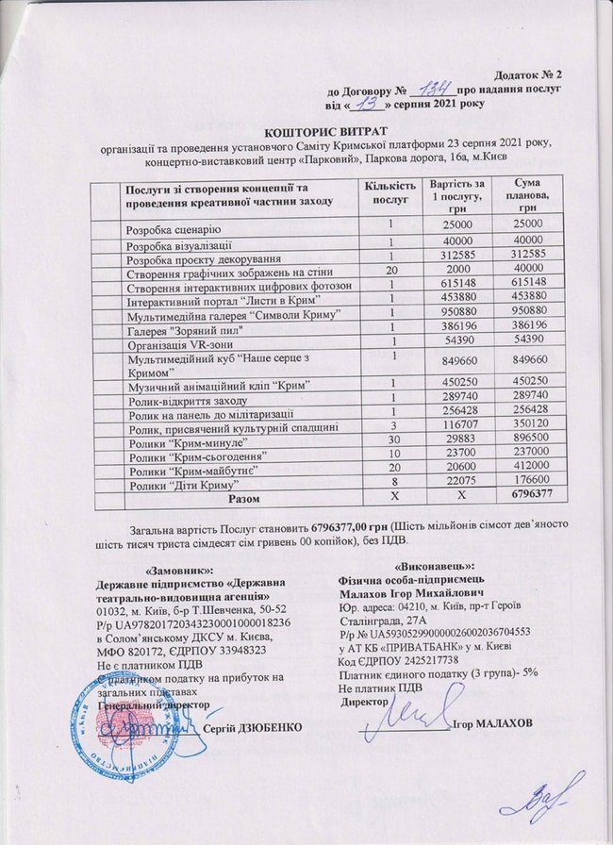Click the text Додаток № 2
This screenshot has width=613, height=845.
coord(527,74)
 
